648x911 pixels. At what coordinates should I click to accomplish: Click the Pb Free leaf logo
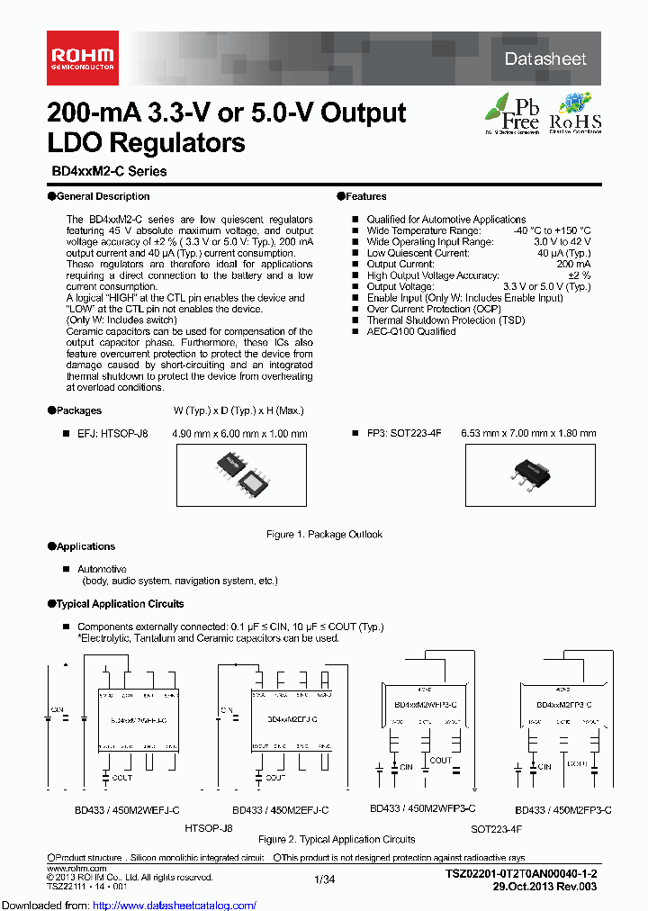coord(513,112)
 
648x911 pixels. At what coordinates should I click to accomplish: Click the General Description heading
coord(102,196)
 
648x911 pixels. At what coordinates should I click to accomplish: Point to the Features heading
coord(365,196)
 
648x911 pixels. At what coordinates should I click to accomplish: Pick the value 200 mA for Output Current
coord(574,265)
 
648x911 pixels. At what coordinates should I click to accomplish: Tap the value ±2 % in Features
coord(578,275)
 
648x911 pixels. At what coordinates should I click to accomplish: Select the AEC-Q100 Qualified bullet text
coord(411,331)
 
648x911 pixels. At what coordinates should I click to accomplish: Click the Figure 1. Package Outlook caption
coord(324,535)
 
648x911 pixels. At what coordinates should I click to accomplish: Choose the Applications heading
coord(85,546)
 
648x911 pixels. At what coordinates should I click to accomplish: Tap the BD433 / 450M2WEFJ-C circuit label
coord(127,809)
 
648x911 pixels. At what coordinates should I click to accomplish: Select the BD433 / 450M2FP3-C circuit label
coord(563,809)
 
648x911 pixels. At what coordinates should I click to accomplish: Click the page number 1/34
coord(324,879)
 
